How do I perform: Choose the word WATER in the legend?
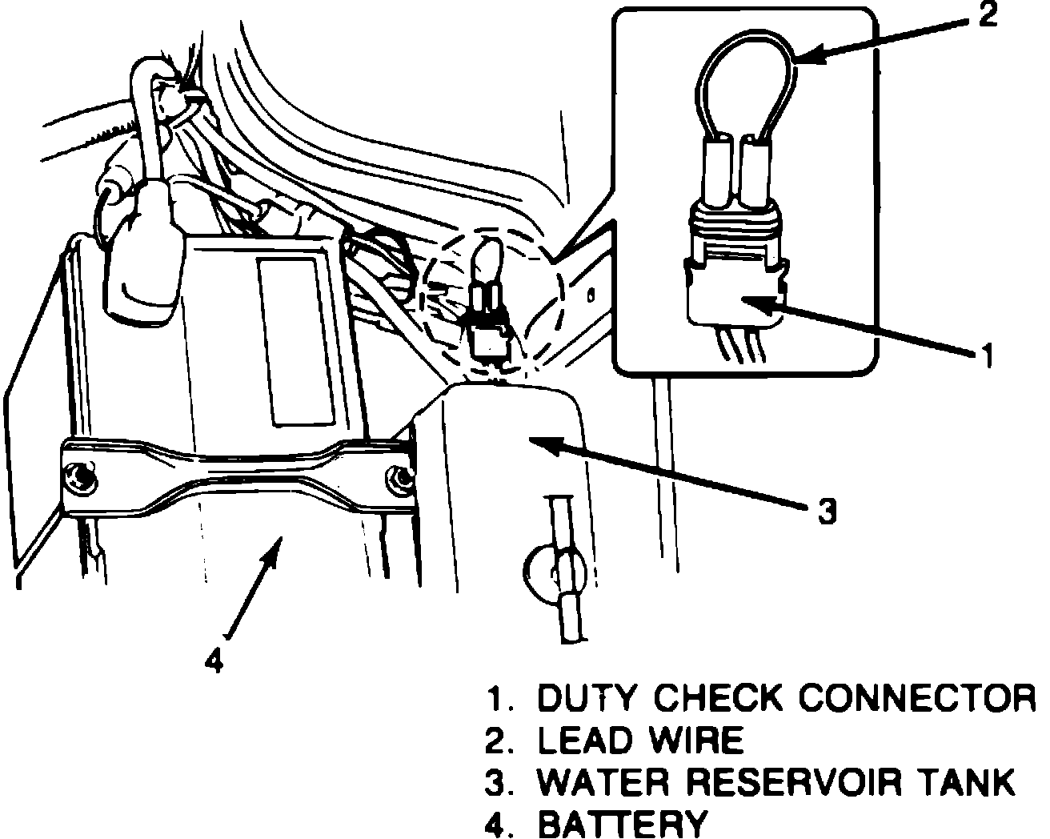pos(602,782)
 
